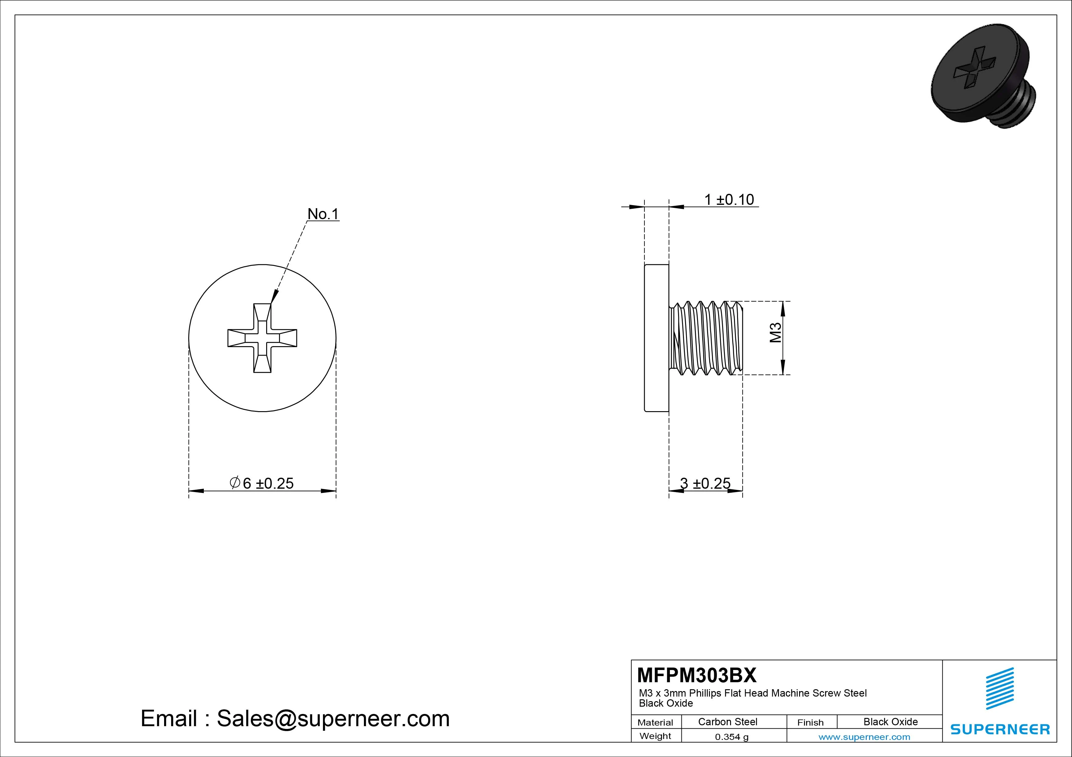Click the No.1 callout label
pos(323,214)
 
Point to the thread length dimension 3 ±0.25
pos(705,483)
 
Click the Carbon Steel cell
pos(727,722)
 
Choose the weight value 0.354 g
pos(732,737)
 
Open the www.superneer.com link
pos(864,737)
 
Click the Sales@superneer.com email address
pos(333,718)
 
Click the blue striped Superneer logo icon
pos(1000,688)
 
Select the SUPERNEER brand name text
pos(1000,729)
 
